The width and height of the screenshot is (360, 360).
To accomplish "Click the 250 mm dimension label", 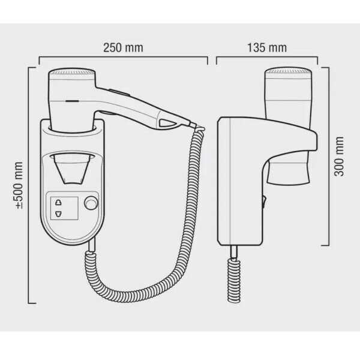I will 122,47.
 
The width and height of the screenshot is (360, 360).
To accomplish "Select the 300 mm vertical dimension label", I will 340,156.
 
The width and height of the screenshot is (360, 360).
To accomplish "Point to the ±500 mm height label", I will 19,185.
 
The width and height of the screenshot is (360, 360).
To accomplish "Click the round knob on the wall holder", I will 91,203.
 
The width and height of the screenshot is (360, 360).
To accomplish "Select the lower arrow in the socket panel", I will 59,213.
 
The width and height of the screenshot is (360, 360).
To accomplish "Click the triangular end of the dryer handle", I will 167,124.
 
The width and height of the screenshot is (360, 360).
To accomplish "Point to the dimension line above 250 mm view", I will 123,59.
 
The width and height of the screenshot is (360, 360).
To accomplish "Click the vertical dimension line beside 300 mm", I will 329,156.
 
